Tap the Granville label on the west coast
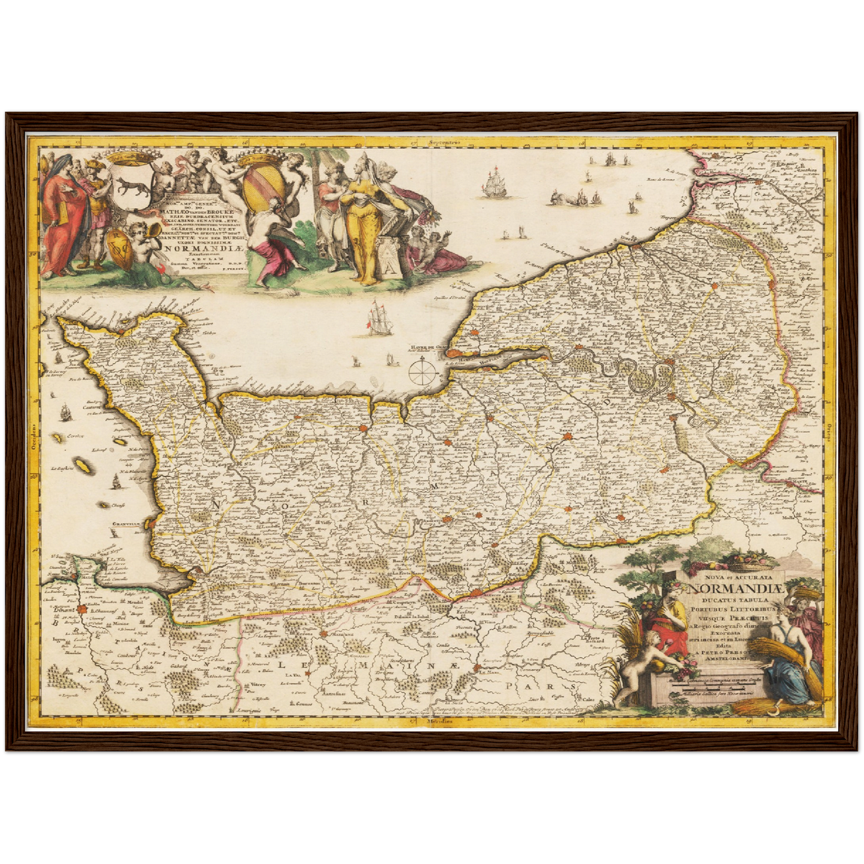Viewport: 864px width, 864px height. click(x=127, y=524)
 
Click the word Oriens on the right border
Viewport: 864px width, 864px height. click(x=831, y=432)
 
